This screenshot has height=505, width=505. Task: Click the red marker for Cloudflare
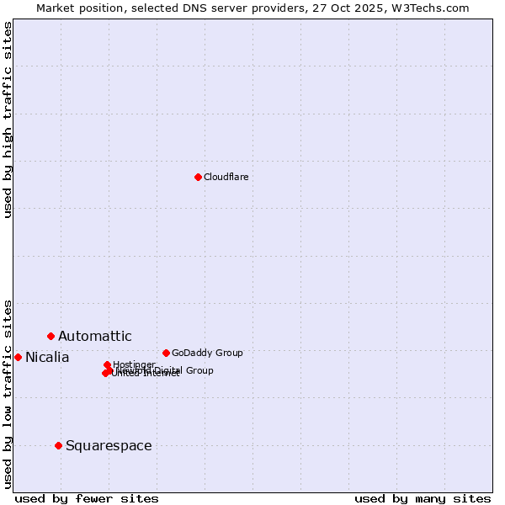pos(198,177)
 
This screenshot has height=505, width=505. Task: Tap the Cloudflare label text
pos(226,177)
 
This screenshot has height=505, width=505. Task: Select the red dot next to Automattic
pos(50,336)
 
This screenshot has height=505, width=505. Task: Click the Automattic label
pos(94,337)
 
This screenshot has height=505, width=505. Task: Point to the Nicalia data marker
pos(18,357)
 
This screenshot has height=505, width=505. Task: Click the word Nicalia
pos(47,358)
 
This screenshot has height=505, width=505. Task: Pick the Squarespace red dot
pos(58,445)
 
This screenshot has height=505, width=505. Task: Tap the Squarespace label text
pos(109,446)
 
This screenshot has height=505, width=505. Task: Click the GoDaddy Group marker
pos(166,353)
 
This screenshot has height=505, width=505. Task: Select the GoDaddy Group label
pos(207,353)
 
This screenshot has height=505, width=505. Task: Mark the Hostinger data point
pos(107,364)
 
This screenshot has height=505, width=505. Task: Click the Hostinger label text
pos(134,364)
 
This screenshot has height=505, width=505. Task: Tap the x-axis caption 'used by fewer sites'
pos(87,498)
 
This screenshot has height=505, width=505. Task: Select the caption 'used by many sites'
pos(423,498)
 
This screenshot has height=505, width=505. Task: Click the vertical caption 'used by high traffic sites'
pos(8,120)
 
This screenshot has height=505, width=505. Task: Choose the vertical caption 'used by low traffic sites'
pos(8,393)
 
